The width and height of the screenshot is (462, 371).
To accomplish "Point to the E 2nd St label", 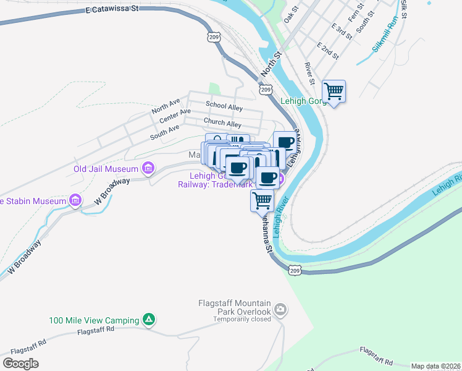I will coord(327,51).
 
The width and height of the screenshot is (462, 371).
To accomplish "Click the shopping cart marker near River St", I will coord(334,92).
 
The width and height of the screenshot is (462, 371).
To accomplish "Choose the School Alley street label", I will coord(224,106).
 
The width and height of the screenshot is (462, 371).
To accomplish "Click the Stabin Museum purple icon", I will coord(75,200).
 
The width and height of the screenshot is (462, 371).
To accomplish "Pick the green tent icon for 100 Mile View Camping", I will coord(148,320).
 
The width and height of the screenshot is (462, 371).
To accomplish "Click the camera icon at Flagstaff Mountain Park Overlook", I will coord(280,309).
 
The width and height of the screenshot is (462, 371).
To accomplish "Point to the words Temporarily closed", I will coord(242,320).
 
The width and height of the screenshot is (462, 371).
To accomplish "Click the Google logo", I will coord(20,364).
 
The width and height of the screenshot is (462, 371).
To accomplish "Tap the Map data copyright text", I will coord(435,366).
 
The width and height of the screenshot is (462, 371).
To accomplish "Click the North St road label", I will coord(271,64).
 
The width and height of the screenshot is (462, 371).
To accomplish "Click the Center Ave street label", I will coord(175,116).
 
